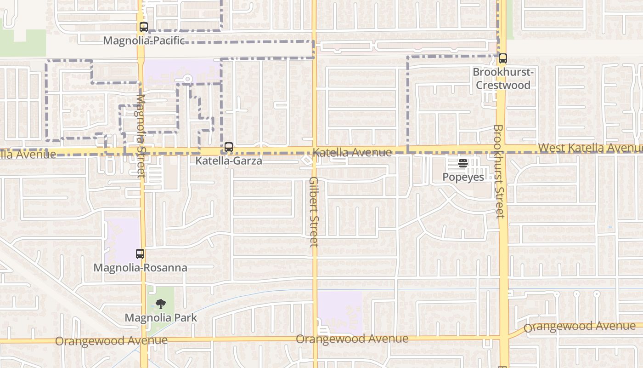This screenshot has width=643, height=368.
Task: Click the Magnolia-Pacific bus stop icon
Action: click(144, 27)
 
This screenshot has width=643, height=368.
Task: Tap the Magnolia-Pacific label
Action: click(144, 40)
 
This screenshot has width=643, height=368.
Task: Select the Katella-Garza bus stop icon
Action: click(229, 148)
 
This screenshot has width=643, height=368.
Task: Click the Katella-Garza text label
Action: click(229, 161)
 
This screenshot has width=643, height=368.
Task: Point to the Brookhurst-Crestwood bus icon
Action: click(503, 59)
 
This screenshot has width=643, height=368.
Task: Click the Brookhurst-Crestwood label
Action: click(503, 79)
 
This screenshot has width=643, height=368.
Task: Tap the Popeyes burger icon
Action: click(463, 163)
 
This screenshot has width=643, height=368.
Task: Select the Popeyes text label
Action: click(463, 177)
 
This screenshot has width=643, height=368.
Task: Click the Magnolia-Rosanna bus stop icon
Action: click(140, 254)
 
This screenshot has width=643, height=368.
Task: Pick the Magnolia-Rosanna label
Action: click(140, 268)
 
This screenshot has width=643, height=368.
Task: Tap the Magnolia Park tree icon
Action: click(160, 304)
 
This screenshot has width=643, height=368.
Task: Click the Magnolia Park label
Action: click(161, 318)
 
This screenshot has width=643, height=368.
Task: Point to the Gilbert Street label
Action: click(314, 212)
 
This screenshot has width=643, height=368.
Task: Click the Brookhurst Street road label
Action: click(499, 171)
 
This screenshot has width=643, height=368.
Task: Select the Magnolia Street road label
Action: click(141, 136)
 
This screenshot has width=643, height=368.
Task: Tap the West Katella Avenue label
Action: click(591, 148)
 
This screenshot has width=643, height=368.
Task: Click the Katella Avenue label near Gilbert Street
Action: click(352, 152)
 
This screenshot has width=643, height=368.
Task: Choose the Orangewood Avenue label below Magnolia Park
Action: click(111, 341)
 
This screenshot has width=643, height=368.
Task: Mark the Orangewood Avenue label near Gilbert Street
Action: click(352, 339)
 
